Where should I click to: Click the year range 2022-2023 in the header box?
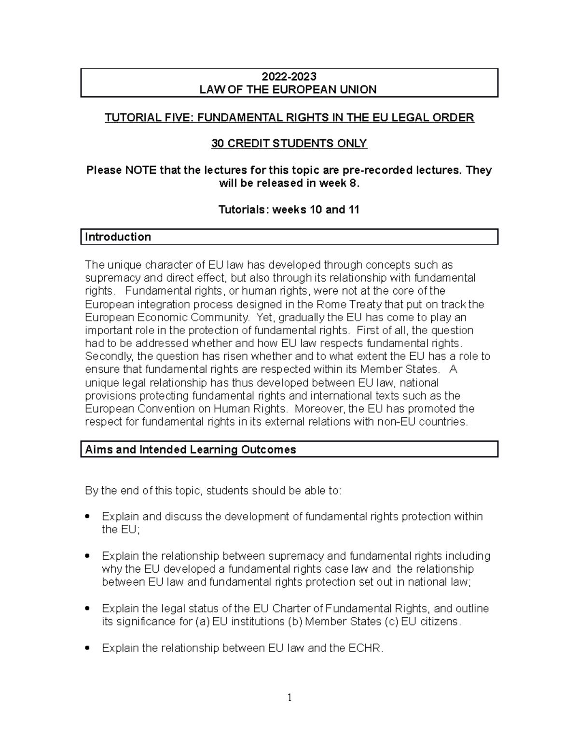point(289,76)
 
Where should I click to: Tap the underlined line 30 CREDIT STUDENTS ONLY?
point(289,143)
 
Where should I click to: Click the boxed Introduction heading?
point(118,237)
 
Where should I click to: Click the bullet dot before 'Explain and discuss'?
point(87,517)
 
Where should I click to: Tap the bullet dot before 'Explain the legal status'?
point(87,608)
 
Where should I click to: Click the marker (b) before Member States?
point(295,622)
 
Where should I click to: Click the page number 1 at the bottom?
point(289,697)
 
